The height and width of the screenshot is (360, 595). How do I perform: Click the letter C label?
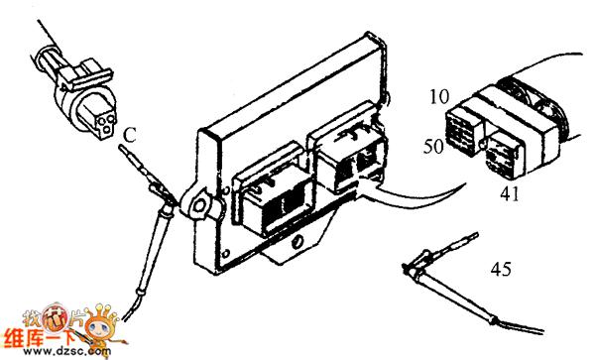click(130, 135)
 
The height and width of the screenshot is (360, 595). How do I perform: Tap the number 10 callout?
click(439, 97)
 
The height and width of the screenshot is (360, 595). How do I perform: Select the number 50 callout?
click(433, 146)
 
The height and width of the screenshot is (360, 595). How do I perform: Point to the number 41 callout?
click(510, 194)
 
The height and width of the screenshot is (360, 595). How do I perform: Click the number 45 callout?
click(501, 270)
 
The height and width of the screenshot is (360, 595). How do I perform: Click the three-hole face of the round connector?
click(106, 123)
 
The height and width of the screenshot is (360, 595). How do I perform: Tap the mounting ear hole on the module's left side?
click(198, 205)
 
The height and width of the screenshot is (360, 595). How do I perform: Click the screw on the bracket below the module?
click(297, 242)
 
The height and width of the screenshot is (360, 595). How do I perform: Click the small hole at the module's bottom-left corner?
click(225, 253)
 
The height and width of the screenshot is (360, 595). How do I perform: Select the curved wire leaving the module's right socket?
click(417, 198)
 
